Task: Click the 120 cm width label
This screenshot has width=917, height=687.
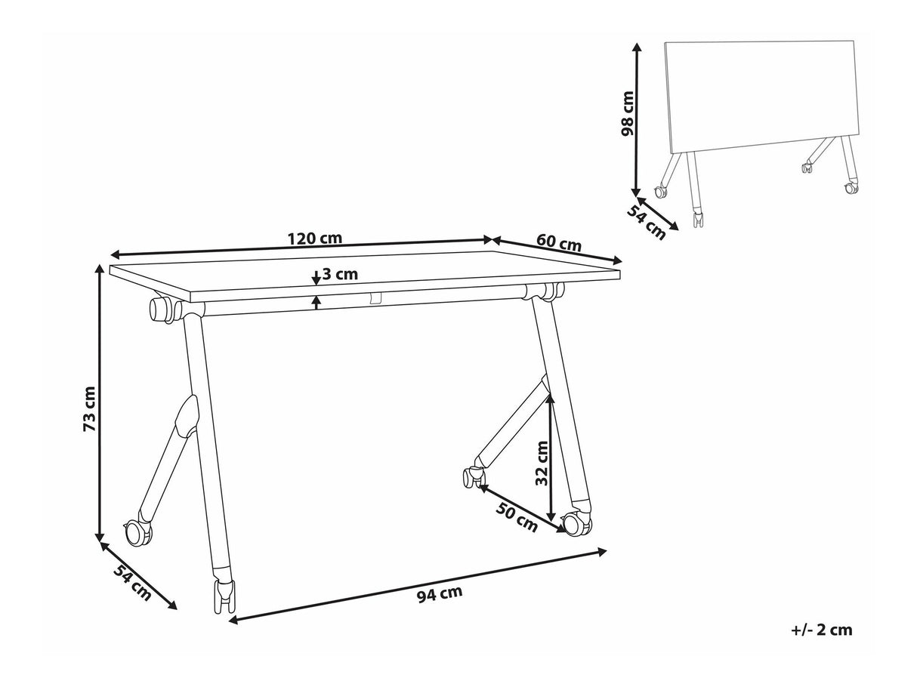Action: [314, 239]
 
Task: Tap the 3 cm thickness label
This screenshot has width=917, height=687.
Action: [340, 274]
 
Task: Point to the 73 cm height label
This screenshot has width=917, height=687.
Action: [89, 409]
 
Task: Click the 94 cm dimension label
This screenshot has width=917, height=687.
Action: [440, 593]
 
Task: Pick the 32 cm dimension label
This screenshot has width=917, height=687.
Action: [542, 464]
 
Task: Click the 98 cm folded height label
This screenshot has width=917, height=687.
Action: [627, 113]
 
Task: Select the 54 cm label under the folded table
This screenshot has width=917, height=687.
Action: [646, 223]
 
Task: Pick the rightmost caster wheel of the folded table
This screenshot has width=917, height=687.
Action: [851, 188]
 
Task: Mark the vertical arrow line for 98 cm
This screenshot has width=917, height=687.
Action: [636, 119]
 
